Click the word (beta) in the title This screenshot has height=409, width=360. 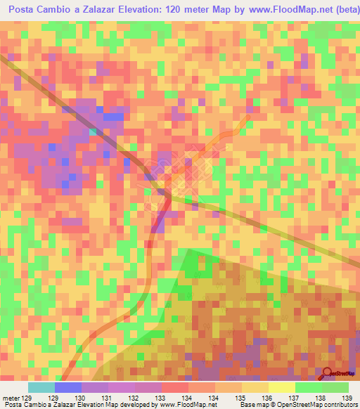pos(342,8)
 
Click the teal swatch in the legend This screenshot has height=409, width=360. pos(41,387)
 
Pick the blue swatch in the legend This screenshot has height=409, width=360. pos(68,387)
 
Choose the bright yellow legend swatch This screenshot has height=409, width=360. pos(282,387)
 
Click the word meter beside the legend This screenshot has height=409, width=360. pos(11,398)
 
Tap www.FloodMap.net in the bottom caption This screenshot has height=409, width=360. pos(188,405)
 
